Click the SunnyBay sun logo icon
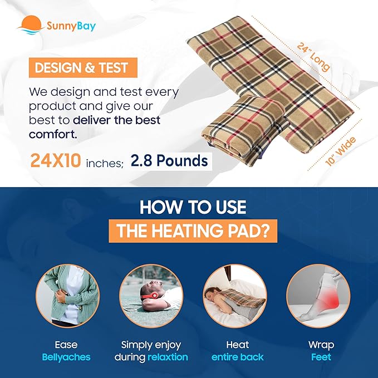coord(31,24)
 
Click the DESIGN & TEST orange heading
coord(81,68)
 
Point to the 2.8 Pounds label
coord(169,161)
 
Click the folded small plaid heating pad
coord(245,131)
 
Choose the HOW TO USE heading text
coord(192,207)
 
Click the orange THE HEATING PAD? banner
coord(192,231)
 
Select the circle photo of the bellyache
coord(67,295)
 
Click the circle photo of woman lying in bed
coord(234,295)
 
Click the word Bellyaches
coord(67,357)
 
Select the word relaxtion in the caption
coord(167,357)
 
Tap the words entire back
coord(237,357)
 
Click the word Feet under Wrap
coord(321,357)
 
